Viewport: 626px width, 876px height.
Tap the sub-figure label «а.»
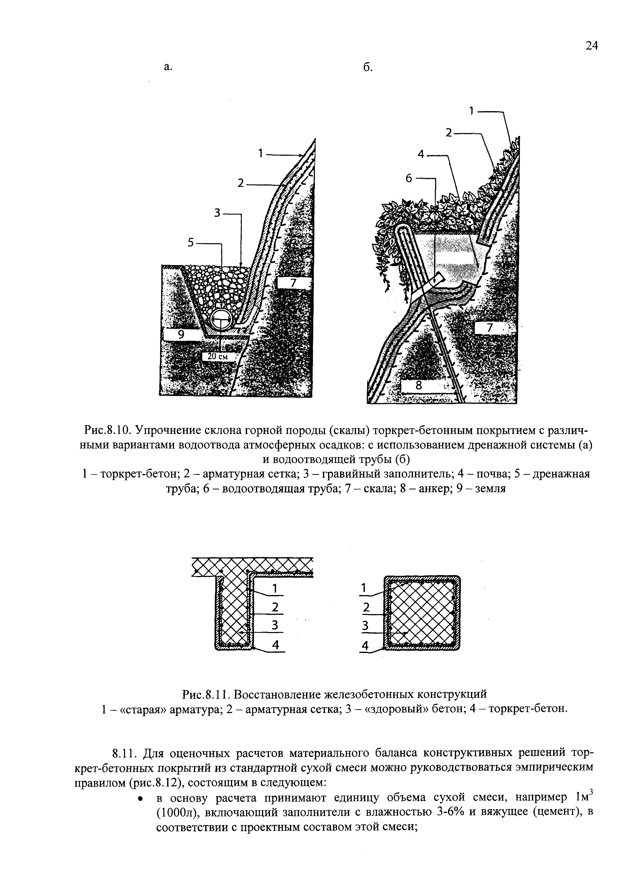pos(167,67)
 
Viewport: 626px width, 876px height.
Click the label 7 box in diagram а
pos(293,283)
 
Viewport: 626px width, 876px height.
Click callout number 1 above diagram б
pos(471,111)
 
